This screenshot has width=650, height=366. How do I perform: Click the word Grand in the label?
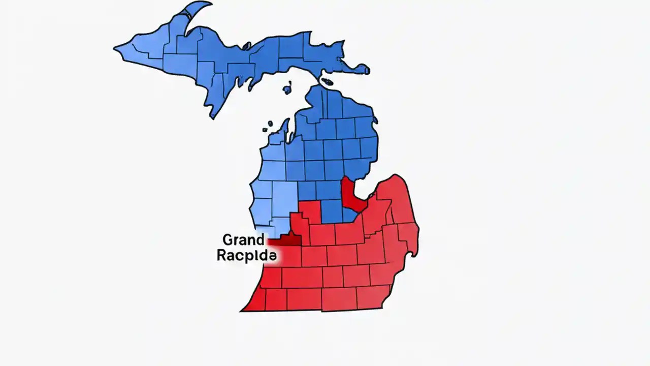click(x=243, y=239)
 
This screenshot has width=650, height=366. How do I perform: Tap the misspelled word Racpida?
click(x=246, y=256)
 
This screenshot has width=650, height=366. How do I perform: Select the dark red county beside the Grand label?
click(x=287, y=240)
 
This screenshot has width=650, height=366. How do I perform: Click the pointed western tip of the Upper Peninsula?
click(x=115, y=49)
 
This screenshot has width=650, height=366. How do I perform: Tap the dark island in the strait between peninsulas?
click(x=328, y=81)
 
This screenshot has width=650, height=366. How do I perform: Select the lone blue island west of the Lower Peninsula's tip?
click(x=287, y=90)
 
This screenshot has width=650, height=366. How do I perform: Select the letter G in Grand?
click(x=227, y=239)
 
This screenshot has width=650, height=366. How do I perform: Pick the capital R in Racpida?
click(x=221, y=256)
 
